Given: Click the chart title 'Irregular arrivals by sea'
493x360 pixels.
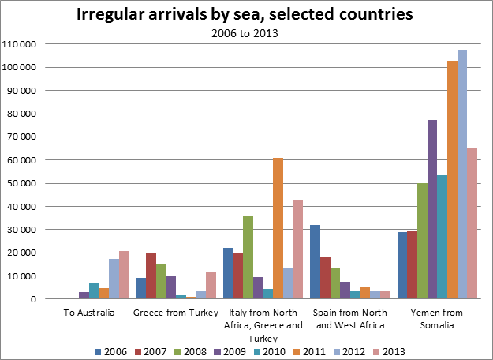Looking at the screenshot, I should pos(245,15).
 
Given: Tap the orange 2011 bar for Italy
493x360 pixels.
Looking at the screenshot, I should pos(278,229).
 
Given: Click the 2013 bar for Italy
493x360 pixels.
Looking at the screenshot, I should pos(297,249).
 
